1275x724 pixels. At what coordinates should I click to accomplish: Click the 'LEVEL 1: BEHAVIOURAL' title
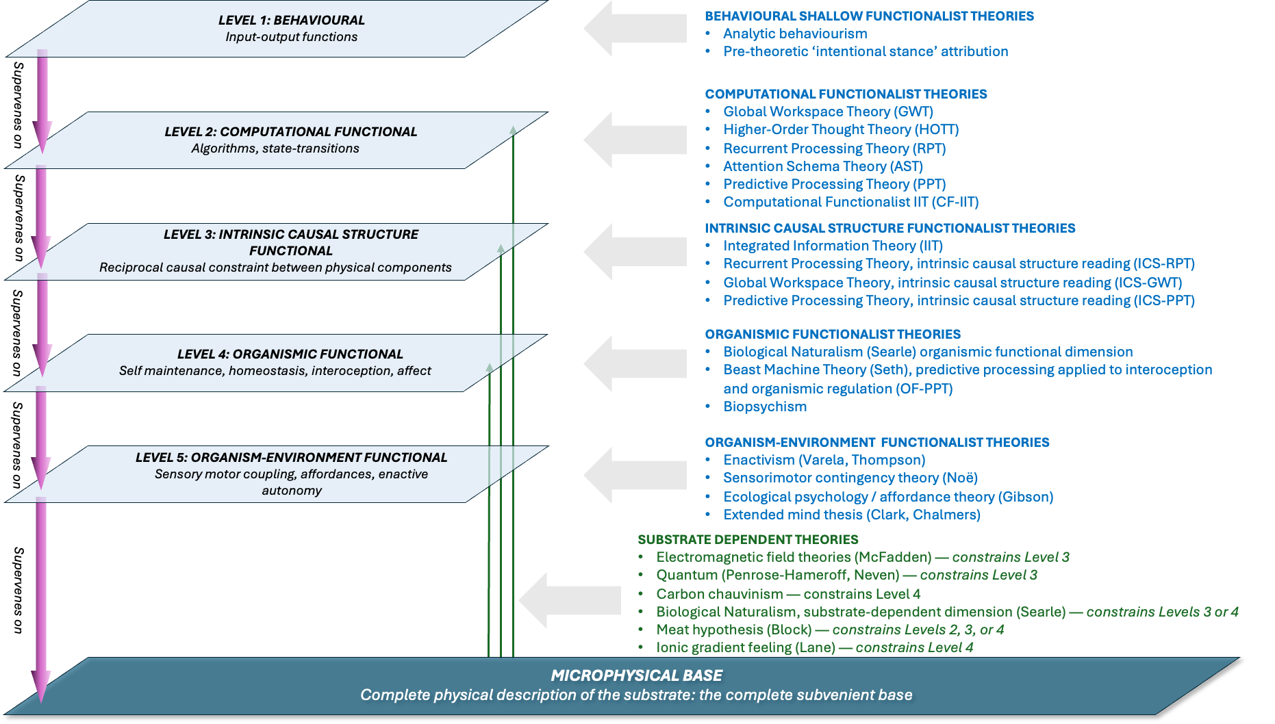[292, 21]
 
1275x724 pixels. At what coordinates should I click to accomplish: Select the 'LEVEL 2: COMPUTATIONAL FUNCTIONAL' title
[291, 132]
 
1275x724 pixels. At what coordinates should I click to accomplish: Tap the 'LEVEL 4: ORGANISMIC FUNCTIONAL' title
[290, 354]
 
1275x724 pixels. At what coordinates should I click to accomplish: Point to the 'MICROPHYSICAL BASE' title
[637, 676]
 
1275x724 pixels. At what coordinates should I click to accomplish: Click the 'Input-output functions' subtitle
[292, 37]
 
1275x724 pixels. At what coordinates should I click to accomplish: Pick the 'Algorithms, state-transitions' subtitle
[275, 148]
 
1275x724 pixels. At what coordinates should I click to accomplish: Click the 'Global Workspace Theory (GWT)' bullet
[828, 112]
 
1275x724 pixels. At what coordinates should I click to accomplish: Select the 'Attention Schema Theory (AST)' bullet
[823, 166]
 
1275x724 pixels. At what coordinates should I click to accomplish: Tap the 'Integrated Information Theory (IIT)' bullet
[833, 246]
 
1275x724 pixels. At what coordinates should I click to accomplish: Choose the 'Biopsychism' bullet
[765, 406]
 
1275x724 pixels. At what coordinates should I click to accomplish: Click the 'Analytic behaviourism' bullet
[795, 34]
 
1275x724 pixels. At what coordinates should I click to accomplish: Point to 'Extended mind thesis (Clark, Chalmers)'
[852, 515]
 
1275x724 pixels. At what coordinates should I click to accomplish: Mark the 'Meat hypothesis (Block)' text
[734, 630]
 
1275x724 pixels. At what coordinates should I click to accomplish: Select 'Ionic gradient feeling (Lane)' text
[746, 647]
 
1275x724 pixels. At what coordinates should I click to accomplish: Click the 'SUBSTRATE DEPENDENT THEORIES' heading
[748, 540]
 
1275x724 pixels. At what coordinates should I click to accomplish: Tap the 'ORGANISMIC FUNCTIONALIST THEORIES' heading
[833, 335]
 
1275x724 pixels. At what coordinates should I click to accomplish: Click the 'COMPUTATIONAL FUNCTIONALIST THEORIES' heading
[846, 94]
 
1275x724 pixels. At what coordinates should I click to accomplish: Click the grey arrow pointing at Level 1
[635, 28]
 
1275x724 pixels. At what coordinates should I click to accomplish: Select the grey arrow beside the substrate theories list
[570, 601]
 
